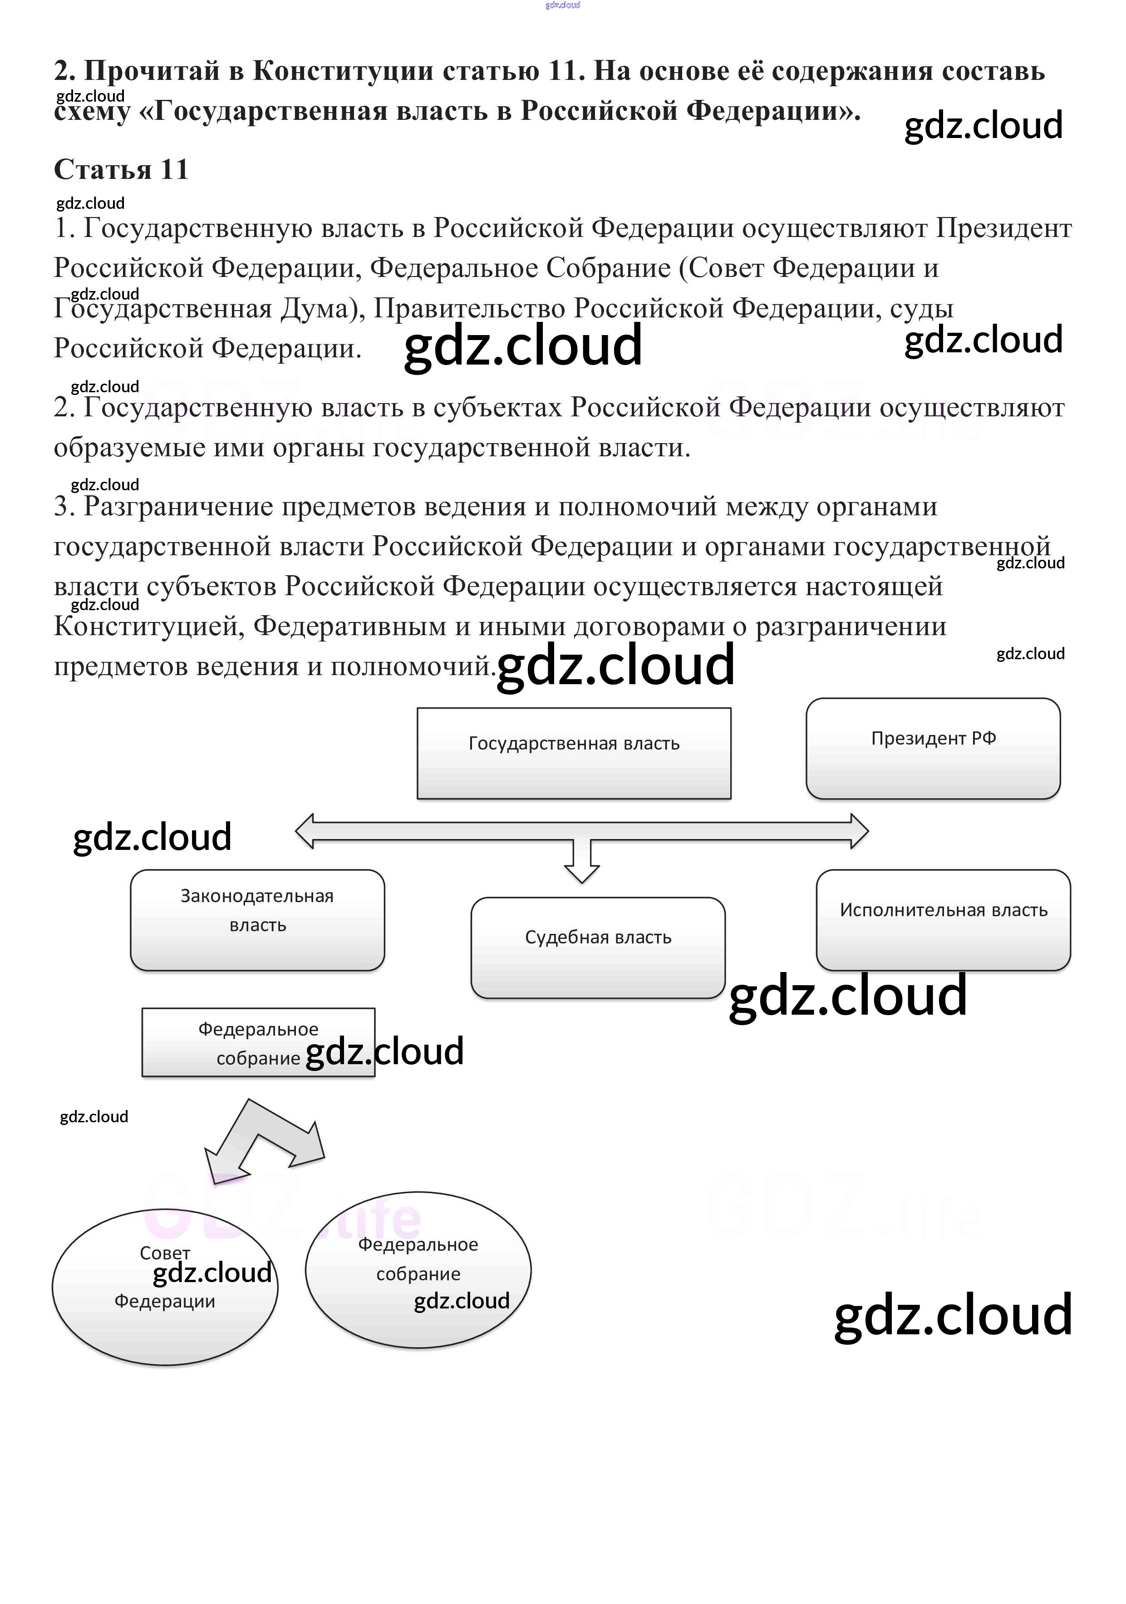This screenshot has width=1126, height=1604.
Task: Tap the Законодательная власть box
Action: pos(257,919)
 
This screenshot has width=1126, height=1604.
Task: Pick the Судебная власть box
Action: pos(598,948)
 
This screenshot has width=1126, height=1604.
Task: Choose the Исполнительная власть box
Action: pos(943,919)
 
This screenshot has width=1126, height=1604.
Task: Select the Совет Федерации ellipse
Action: pos(165,1287)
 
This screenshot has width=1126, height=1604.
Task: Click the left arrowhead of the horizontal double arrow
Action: pos(306,831)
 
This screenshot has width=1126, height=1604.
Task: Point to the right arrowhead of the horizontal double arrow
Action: pos(859,831)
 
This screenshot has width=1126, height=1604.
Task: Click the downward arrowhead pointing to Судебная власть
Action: pos(582,873)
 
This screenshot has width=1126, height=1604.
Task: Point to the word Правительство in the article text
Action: pos(469,308)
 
